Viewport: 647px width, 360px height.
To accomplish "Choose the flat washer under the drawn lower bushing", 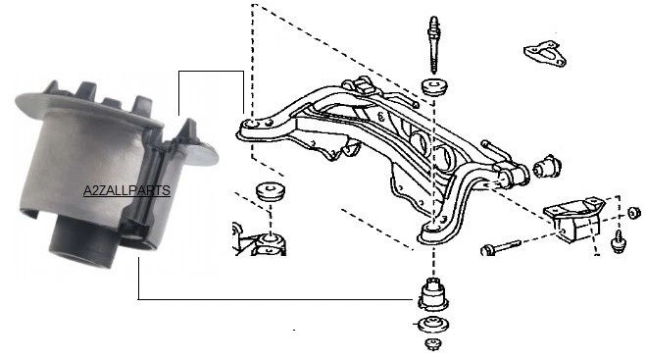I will point(431,326).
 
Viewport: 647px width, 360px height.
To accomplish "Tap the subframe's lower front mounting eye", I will point(432,231).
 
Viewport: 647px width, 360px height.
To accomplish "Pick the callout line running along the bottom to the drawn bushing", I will point(274,298).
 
